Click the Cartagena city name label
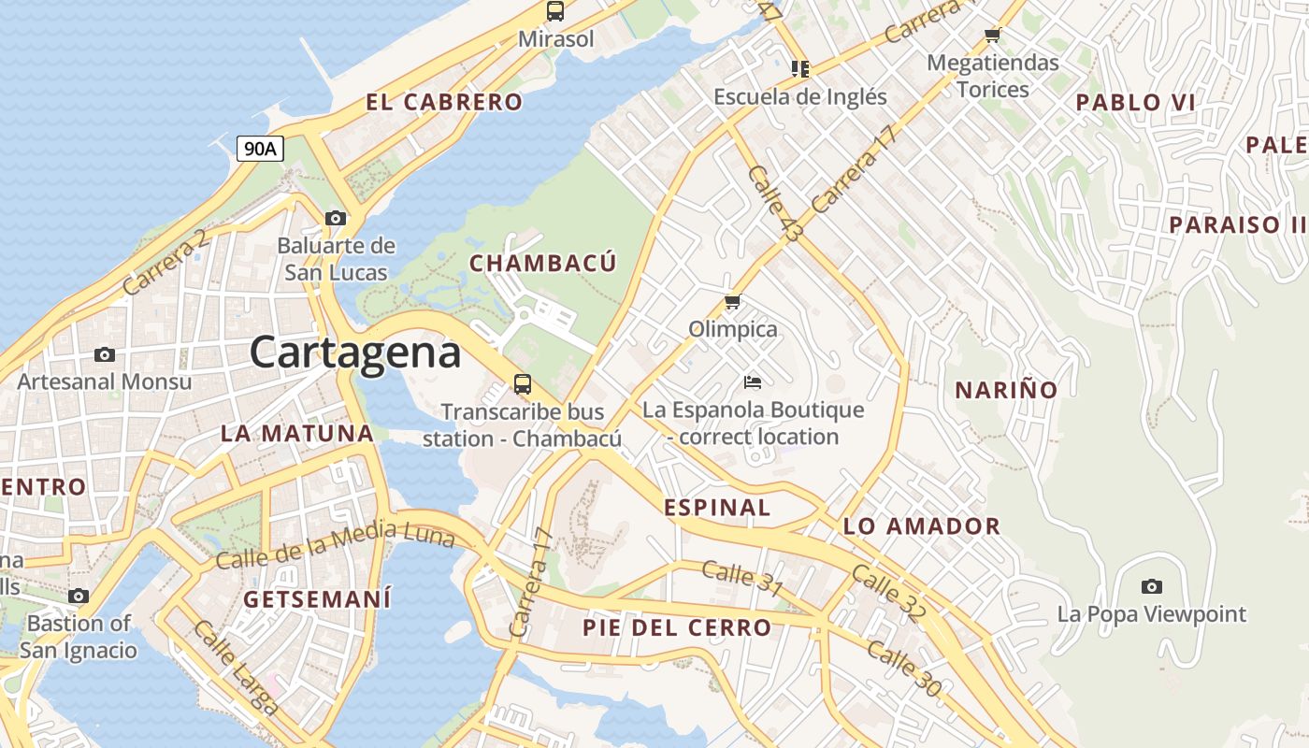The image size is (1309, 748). pos(355,353)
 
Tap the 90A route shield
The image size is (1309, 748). pos(260,148)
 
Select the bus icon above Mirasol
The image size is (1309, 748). pos(555,11)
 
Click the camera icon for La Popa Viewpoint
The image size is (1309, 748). pos(1152,586)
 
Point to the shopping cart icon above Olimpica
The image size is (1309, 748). pos(733,301)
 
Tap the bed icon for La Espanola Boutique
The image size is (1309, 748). pos(753,381)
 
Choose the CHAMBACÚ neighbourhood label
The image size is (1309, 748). pos(542,264)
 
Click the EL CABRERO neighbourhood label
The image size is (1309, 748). pos(443,103)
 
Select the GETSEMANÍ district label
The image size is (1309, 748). pos(318,599)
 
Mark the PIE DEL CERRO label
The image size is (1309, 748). pos(677,627)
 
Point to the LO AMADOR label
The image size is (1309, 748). pos(921,526)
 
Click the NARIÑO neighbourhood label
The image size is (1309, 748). pos(1006,390)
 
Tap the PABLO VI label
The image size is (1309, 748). pos(1135,103)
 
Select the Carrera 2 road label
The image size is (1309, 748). pos(165,265)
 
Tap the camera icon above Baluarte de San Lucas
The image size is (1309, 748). pos(336,219)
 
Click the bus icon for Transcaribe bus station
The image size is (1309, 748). pos(522,383)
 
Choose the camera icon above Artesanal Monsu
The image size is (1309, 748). pos(105,354)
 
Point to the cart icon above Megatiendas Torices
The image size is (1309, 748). pos(992,36)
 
